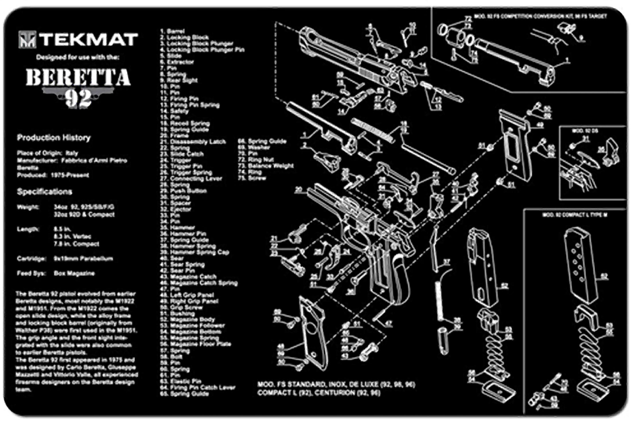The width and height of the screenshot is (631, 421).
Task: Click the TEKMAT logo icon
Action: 27,39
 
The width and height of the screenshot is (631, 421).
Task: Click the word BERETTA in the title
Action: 78,77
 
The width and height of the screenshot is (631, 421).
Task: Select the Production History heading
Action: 54,138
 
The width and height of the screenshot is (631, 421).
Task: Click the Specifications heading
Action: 44,191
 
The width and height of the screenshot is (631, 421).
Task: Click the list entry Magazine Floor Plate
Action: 200,344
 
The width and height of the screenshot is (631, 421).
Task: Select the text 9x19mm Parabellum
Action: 83,259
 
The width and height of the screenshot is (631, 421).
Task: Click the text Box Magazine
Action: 74,273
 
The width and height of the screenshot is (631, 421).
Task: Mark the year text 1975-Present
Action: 70,175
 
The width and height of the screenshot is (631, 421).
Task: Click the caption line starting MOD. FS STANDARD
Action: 336,384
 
